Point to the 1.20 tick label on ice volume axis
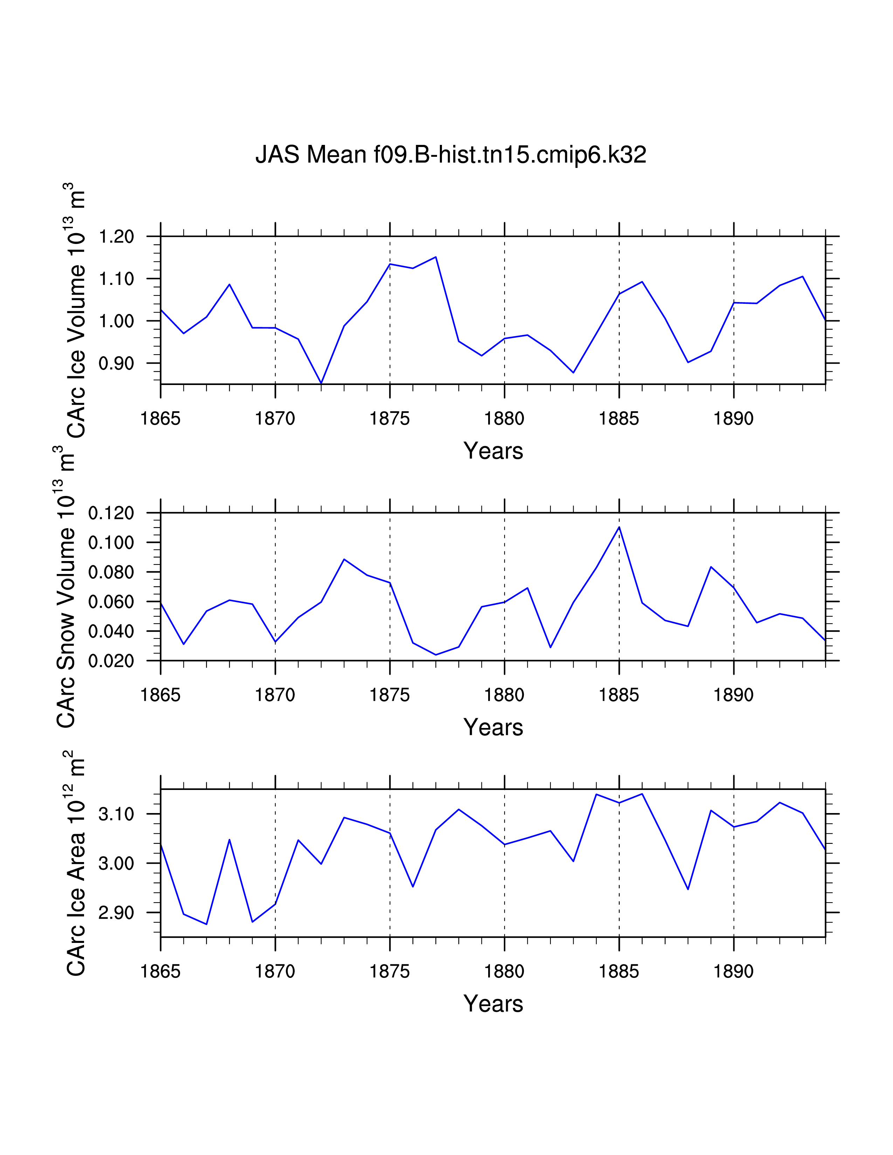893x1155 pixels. [x=116, y=236]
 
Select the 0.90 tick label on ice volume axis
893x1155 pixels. [x=116, y=363]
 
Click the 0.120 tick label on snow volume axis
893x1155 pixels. [x=111, y=513]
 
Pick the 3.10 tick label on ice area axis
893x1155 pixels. [x=116, y=814]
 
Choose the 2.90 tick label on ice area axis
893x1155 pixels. [x=116, y=913]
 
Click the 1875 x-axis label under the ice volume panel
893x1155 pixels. [x=390, y=419]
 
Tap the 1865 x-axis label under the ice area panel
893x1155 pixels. [x=160, y=972]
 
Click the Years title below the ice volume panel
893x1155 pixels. [x=493, y=451]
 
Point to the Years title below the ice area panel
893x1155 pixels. [x=493, y=1004]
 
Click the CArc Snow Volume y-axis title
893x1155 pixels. [x=67, y=587]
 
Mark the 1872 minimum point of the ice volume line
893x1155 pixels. [x=321, y=383]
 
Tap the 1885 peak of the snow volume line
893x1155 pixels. [x=619, y=527]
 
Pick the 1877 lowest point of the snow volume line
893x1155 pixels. [x=436, y=655]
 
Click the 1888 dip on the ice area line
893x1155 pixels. [x=688, y=889]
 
